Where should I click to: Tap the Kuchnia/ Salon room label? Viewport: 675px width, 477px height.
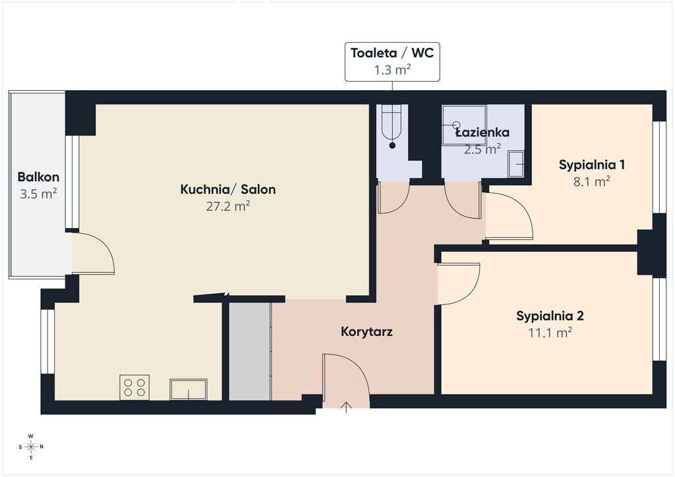coord(227,189)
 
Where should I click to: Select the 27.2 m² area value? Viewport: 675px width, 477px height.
coord(228,206)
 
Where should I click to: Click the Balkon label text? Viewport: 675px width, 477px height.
coord(38,177)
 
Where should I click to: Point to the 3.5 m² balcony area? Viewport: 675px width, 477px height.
coord(38,194)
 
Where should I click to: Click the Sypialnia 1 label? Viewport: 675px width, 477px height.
coord(592,165)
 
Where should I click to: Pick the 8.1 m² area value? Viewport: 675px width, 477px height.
coord(591,181)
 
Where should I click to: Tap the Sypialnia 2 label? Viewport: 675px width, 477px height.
coord(550,316)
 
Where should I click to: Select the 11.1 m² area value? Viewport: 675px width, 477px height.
coord(550,333)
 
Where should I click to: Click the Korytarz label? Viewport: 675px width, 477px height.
coord(367,331)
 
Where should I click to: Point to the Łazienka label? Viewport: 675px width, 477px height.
coord(482,132)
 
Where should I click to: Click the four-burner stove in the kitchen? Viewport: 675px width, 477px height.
coord(134,387)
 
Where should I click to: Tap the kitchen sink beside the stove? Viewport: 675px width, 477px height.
coord(188,389)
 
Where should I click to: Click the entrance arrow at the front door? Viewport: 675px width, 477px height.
coord(346,407)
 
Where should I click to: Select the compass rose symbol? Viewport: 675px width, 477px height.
coord(31,447)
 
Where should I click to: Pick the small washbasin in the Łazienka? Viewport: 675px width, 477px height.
coord(515,164)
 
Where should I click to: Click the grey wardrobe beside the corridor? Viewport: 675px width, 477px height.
coord(250,351)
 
